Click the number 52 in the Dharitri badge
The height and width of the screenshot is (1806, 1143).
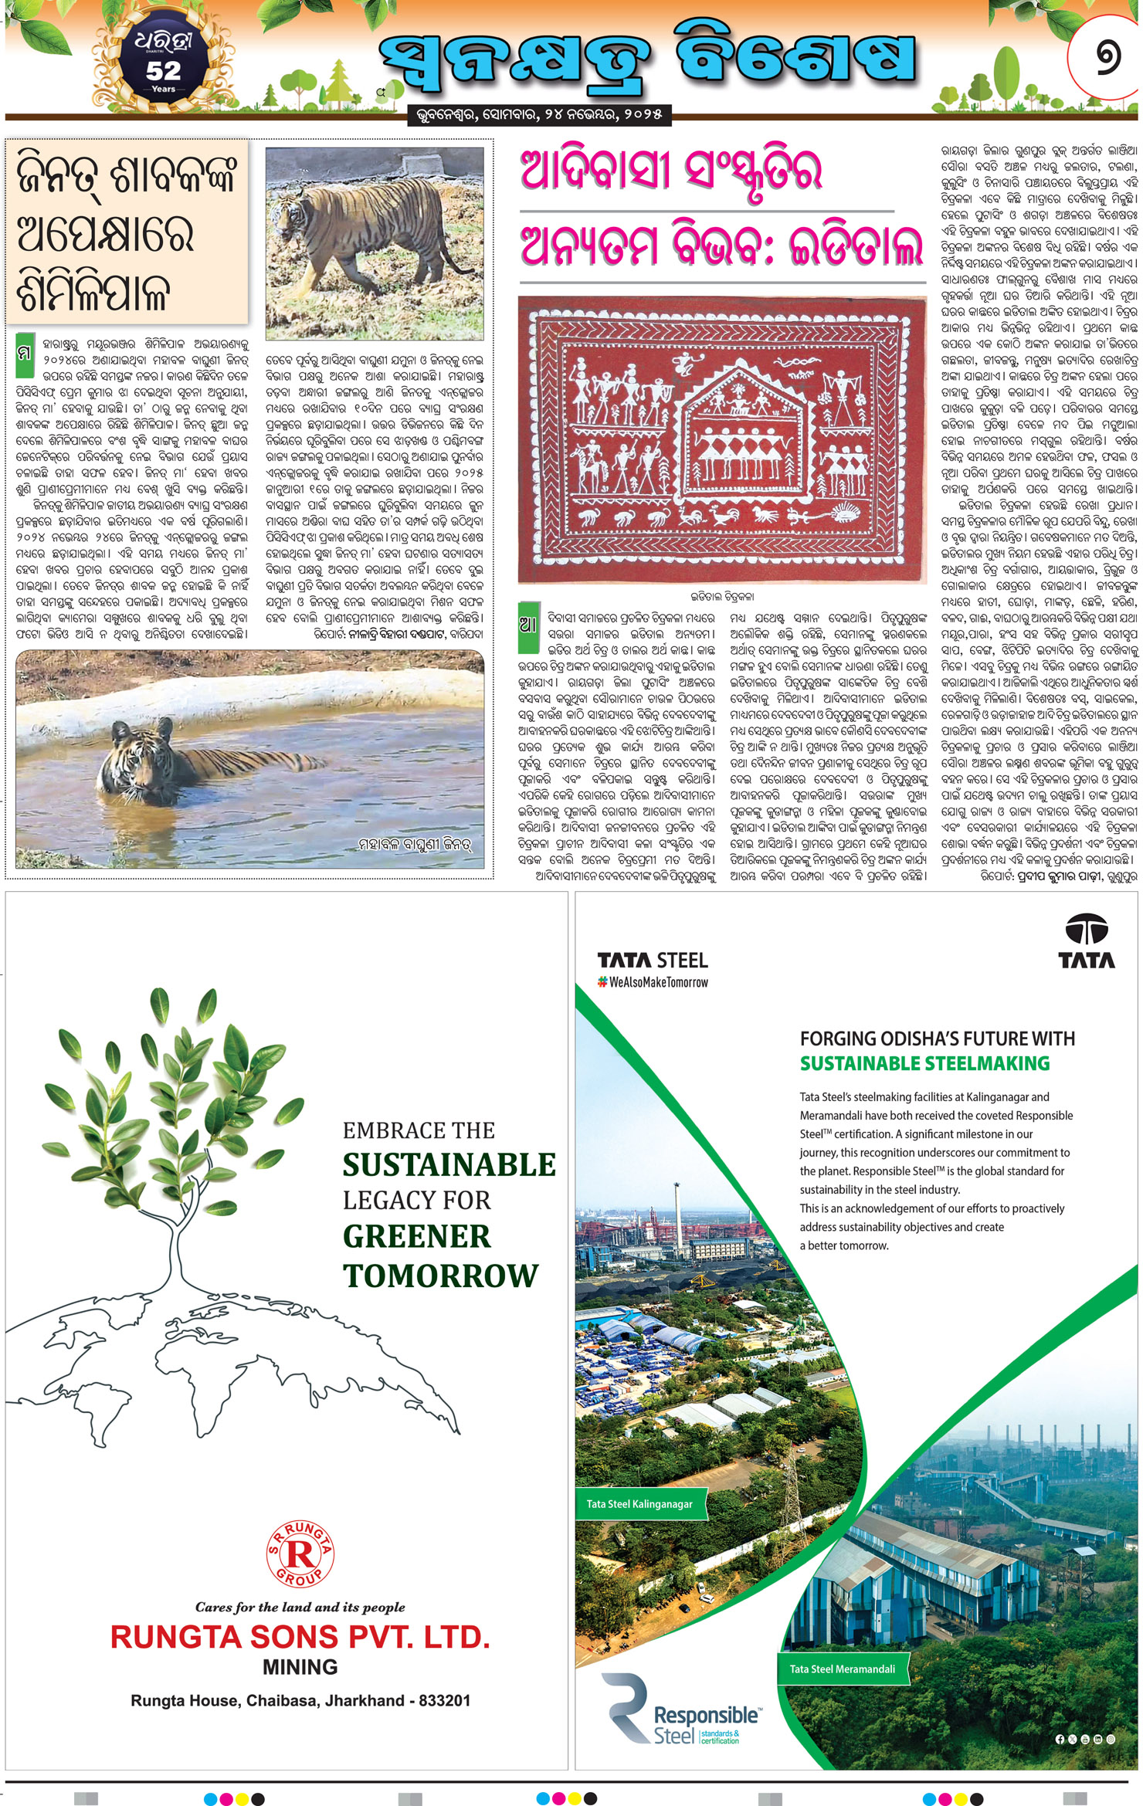(163, 71)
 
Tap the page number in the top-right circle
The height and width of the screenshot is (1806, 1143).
(1107, 57)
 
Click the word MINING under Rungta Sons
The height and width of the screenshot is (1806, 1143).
(300, 1667)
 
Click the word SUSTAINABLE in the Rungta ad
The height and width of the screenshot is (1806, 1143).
(449, 1164)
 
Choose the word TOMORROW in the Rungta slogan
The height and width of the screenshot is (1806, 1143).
(440, 1276)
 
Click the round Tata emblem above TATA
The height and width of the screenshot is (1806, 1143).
(1086, 930)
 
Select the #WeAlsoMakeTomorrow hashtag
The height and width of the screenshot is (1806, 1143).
(653, 982)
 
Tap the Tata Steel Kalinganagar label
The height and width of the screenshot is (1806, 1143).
(639, 1504)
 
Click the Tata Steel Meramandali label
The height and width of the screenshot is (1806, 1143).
(842, 1669)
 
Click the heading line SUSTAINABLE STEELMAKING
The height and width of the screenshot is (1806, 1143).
(924, 1063)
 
